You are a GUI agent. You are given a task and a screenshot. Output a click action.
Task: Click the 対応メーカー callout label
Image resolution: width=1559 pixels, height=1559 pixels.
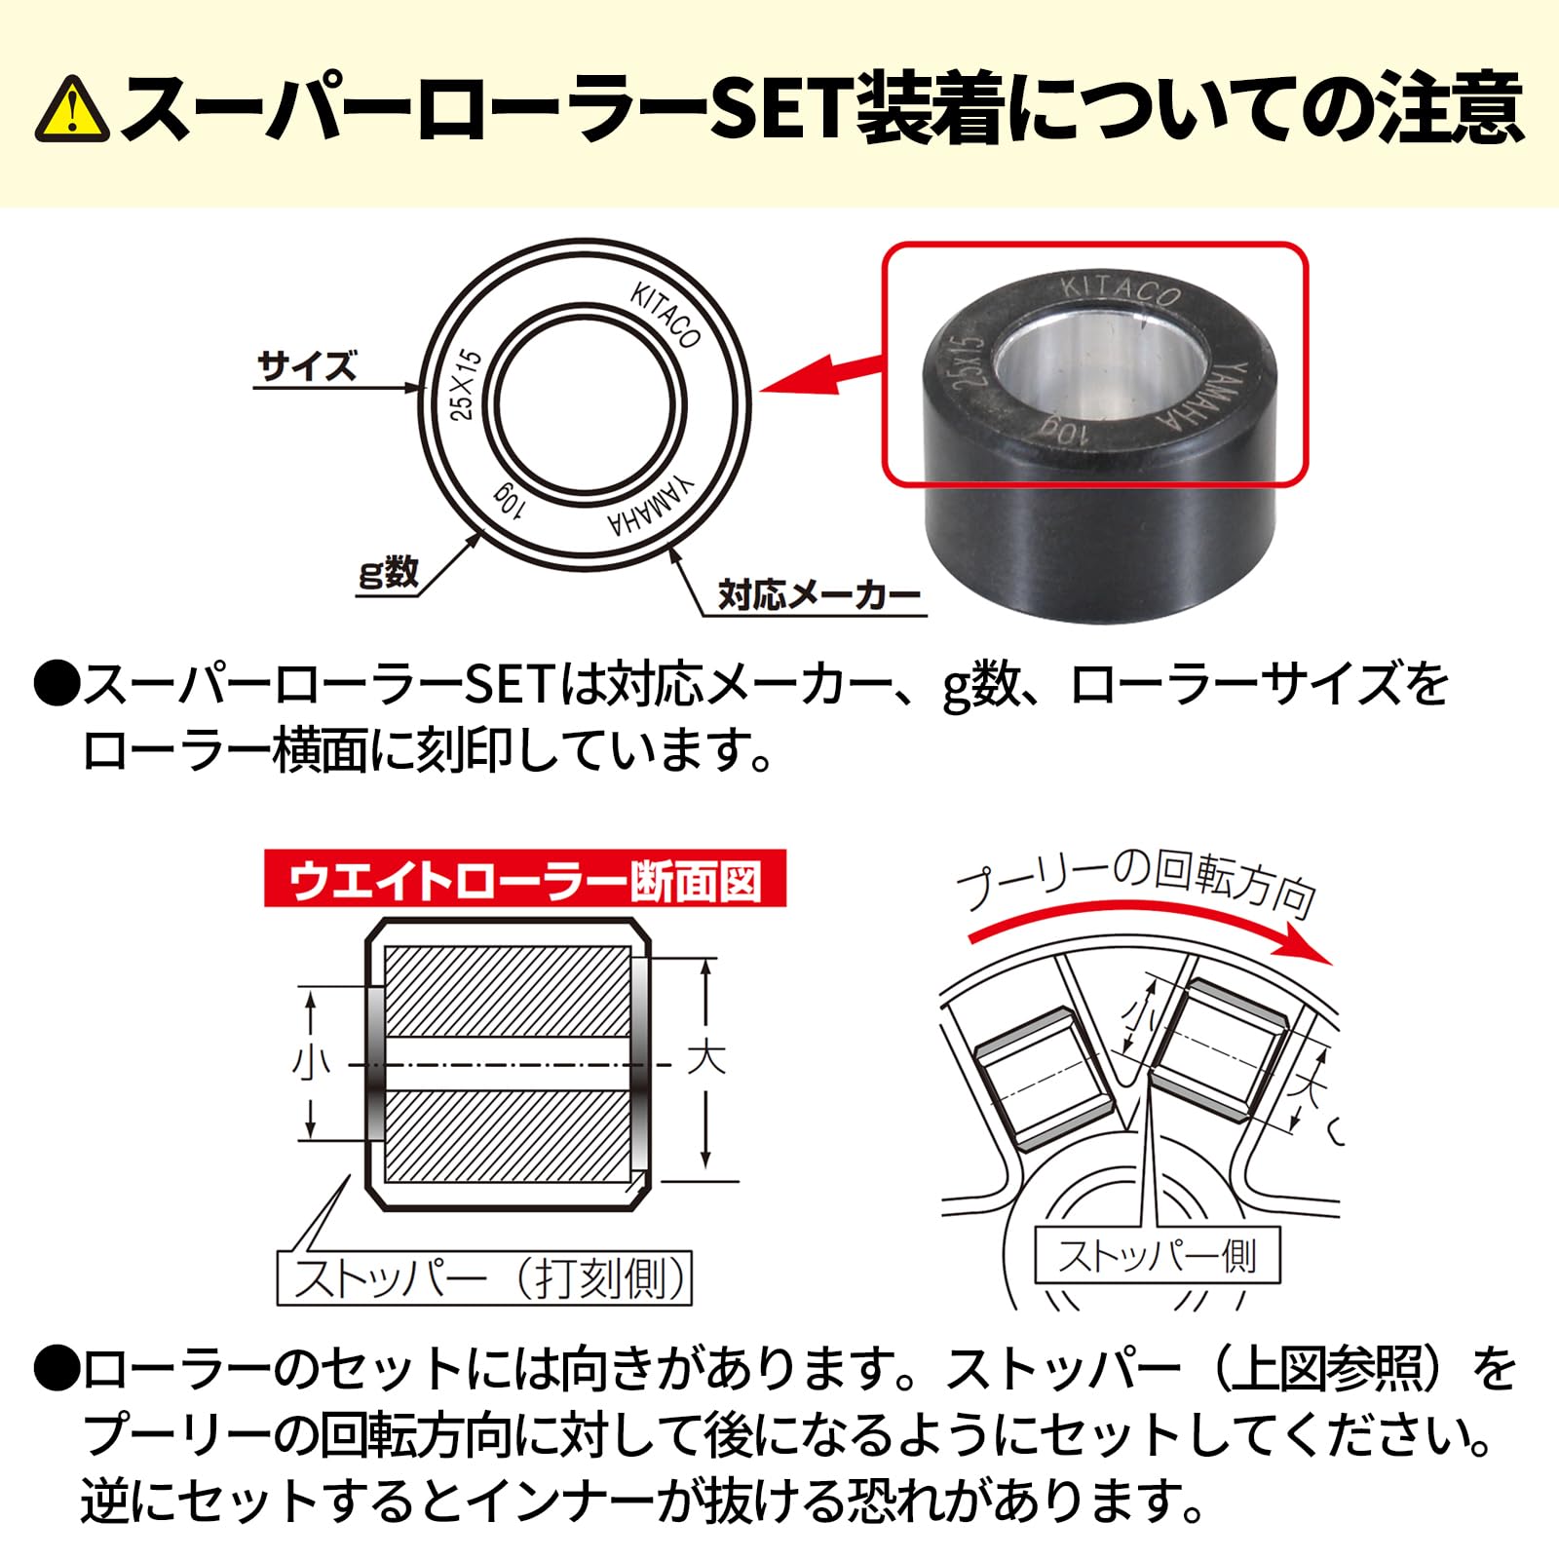pyautogui.click(x=818, y=594)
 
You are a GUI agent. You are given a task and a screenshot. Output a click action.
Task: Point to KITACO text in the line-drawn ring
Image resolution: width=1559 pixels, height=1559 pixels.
pyautogui.click(x=665, y=316)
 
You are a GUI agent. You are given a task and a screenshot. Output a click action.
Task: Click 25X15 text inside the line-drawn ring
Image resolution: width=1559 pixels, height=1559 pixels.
pyautogui.click(x=466, y=385)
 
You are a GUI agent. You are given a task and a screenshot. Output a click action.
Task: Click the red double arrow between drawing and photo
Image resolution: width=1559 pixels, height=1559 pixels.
pyautogui.click(x=823, y=374)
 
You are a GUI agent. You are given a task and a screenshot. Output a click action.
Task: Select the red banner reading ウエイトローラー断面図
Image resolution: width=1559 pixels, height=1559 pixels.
pyautogui.click(x=524, y=880)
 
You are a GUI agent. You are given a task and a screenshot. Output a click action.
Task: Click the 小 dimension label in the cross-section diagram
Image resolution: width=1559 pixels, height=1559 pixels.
pyautogui.click(x=311, y=1062)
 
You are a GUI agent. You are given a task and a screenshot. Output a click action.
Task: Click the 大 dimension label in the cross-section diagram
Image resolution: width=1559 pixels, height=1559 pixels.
pyautogui.click(x=706, y=1057)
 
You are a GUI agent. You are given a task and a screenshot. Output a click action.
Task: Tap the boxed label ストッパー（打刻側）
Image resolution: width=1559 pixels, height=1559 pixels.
pyautogui.click(x=484, y=1278)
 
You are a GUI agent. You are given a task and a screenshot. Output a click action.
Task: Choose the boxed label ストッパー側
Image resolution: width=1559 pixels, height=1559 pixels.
pyautogui.click(x=1157, y=1256)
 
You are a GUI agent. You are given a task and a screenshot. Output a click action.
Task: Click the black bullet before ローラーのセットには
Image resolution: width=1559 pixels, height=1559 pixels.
pyautogui.click(x=56, y=1370)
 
